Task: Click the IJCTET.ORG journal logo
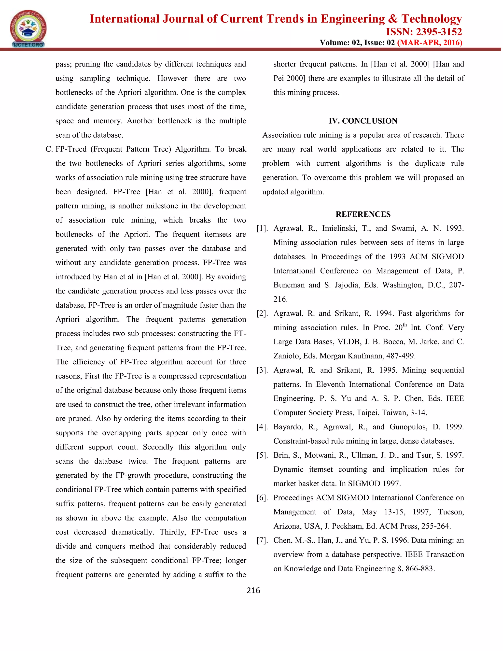[x=28, y=28]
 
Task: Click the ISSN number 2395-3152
[x=438, y=32]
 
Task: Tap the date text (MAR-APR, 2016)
[x=429, y=43]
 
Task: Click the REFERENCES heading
[x=363, y=214]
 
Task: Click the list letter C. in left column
[x=49, y=149]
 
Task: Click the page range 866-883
[x=419, y=568]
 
